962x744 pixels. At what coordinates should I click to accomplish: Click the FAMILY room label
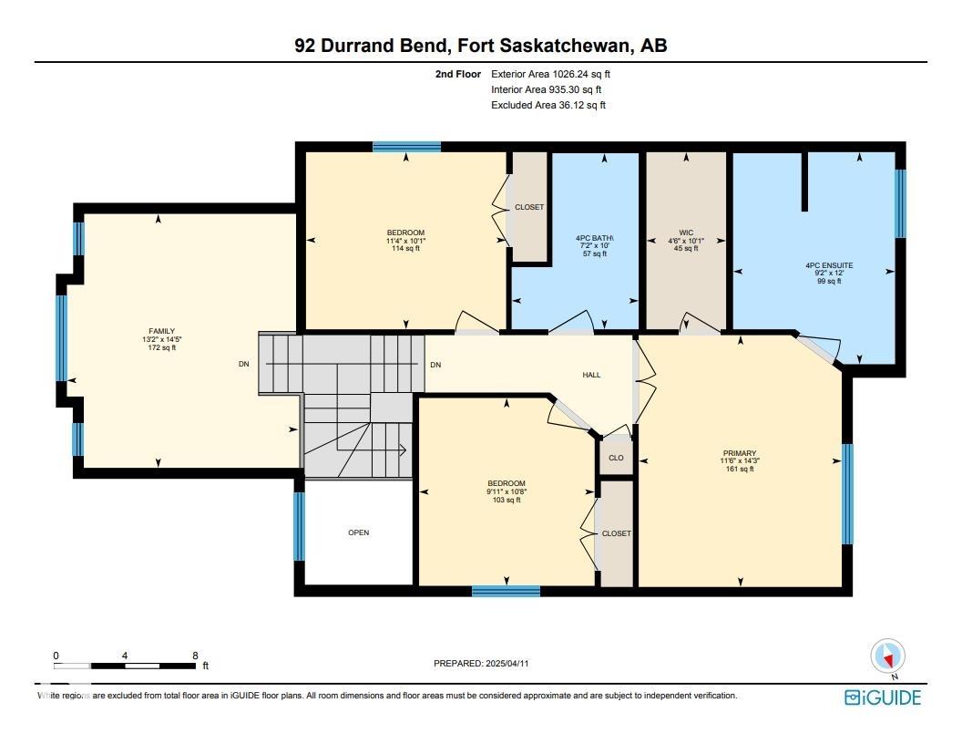click(x=161, y=331)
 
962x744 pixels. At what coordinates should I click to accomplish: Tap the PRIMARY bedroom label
click(x=740, y=453)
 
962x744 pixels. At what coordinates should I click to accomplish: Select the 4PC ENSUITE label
click(x=829, y=265)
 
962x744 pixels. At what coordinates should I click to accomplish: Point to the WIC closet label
click(x=686, y=232)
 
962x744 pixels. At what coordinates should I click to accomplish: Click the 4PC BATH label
click(x=595, y=238)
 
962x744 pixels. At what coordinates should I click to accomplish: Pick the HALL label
click(x=591, y=375)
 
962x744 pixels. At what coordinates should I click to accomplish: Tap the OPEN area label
click(x=358, y=532)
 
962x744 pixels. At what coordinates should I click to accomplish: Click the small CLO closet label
click(x=616, y=458)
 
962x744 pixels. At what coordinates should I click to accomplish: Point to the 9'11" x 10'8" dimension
click(x=507, y=491)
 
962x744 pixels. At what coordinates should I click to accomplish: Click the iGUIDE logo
click(x=883, y=697)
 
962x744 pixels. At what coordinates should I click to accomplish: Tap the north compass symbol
click(x=887, y=656)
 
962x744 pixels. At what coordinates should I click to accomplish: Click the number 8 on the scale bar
click(x=195, y=656)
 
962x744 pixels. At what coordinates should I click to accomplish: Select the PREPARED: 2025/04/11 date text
click(x=481, y=663)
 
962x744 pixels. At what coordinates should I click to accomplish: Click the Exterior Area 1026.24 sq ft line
click(x=550, y=74)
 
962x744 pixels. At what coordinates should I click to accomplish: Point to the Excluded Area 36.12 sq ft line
click(x=548, y=105)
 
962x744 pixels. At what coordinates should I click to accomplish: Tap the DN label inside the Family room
click(x=243, y=364)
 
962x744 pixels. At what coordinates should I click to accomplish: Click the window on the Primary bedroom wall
click(x=847, y=493)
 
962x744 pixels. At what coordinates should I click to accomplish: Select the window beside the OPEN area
click(x=299, y=526)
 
